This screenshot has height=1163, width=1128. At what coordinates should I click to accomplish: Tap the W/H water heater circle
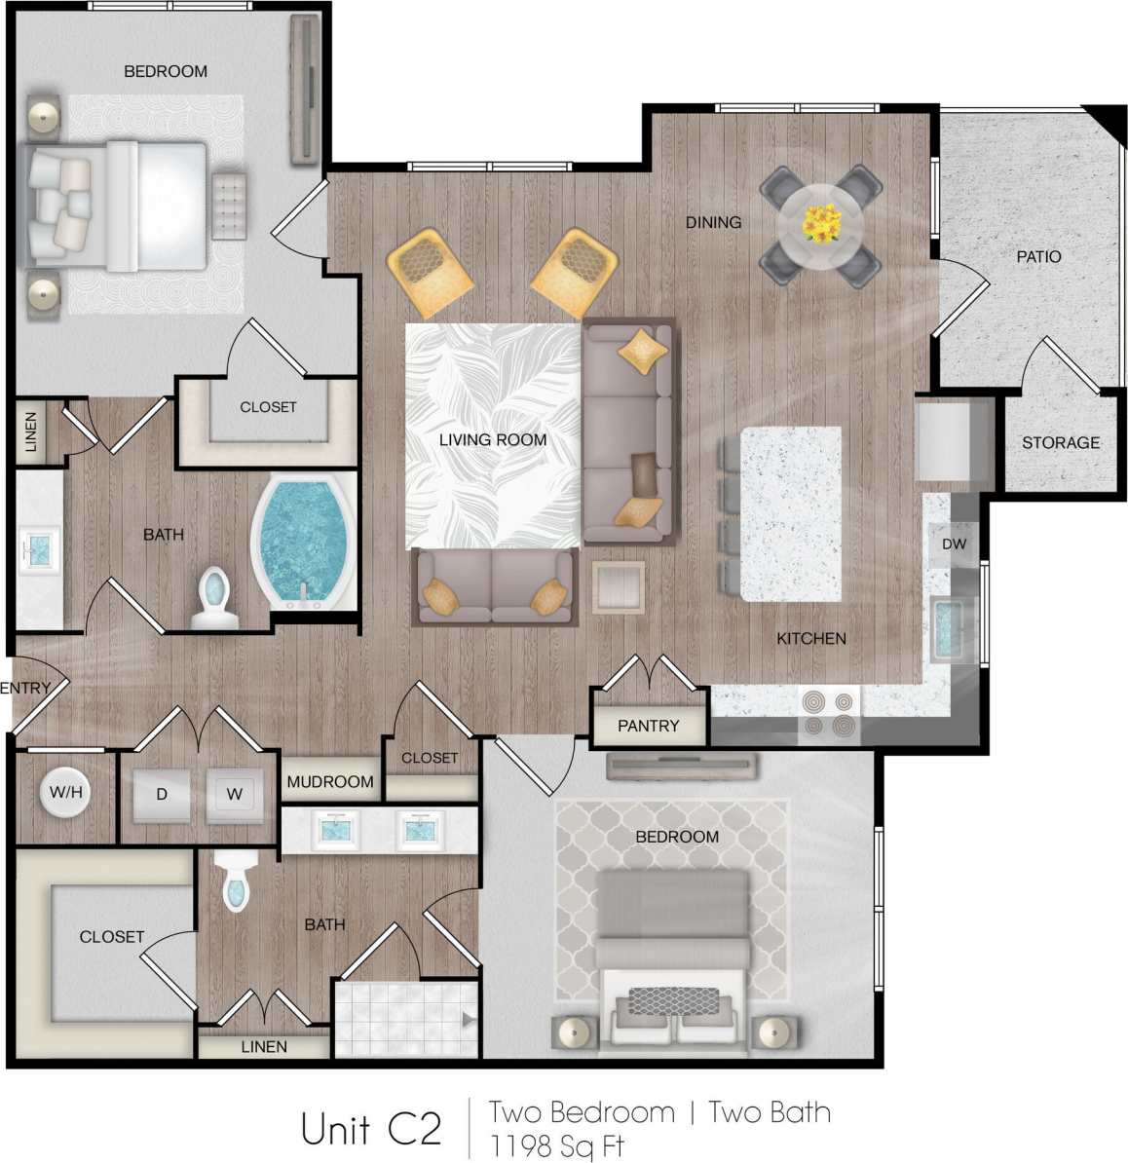point(65,792)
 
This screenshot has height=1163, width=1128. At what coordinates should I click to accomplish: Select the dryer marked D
point(162,794)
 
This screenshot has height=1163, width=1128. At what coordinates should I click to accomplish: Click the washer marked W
point(235,794)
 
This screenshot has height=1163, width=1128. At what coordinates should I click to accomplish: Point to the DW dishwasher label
point(954,544)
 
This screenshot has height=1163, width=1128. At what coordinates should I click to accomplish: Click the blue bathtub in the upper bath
point(301,541)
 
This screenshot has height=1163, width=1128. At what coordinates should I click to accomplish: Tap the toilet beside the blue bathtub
point(213,598)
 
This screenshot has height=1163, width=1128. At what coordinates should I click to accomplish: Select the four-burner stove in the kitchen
point(829,714)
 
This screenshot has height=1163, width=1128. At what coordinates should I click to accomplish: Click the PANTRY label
point(648,726)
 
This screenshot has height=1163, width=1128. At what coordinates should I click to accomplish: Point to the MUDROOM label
point(330,781)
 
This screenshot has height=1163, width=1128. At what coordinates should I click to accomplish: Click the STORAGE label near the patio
point(1060,442)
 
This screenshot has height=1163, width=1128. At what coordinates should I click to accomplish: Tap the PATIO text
point(1038,257)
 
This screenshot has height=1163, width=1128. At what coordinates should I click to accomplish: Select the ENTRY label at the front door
point(25,688)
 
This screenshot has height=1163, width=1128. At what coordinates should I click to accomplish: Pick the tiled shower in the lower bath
point(405,1019)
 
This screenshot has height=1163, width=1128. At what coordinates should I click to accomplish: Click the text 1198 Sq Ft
point(556,1145)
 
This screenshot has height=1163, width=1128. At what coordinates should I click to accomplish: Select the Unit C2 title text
point(371,1129)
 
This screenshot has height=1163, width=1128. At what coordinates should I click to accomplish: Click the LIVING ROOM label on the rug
point(493,440)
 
